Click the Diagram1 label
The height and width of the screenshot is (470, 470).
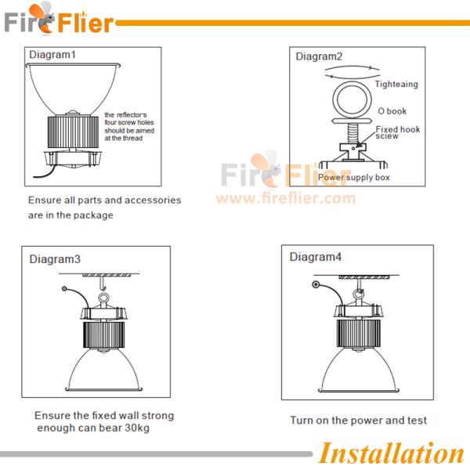52,55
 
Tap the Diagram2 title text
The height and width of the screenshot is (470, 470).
319,56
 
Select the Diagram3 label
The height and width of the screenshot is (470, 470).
55,259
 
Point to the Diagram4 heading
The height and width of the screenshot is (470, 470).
316,257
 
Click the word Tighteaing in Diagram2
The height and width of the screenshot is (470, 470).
396,85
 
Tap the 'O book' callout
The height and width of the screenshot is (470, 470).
392,111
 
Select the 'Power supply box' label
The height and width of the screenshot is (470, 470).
354,178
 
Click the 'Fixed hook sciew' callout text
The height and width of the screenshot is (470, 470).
398,132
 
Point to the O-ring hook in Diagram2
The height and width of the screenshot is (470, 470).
352,82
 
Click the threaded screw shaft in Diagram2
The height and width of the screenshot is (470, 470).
352,134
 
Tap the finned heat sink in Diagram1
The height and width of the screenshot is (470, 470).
73,132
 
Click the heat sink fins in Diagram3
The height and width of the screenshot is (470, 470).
103,335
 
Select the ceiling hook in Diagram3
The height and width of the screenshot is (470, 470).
103,284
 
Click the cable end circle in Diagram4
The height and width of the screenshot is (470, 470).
316,284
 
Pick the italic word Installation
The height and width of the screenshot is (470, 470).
392,453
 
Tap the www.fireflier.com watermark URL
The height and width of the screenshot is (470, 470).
286,198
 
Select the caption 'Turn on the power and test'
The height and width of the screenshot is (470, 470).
358,420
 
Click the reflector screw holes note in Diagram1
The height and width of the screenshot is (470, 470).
129,126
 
